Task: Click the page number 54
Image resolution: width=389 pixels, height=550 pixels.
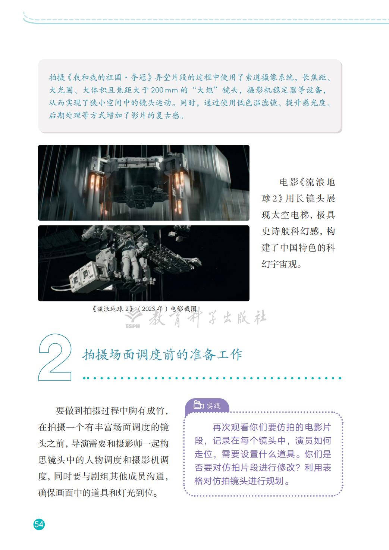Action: [39, 524]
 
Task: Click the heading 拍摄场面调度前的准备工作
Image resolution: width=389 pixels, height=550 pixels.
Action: [162, 354]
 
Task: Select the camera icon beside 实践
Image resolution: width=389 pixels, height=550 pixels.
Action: [198, 405]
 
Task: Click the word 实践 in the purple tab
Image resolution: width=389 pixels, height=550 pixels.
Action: [213, 406]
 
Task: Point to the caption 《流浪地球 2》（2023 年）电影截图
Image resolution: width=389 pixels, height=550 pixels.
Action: [144, 309]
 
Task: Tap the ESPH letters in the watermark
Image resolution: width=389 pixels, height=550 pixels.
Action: [132, 326]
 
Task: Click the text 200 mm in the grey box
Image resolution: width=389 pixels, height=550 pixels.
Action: [164, 90]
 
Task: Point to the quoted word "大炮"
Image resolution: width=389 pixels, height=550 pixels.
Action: [205, 90]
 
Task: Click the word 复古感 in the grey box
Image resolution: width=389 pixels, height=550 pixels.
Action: [167, 115]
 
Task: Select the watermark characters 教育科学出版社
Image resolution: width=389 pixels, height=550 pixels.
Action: [208, 318]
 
